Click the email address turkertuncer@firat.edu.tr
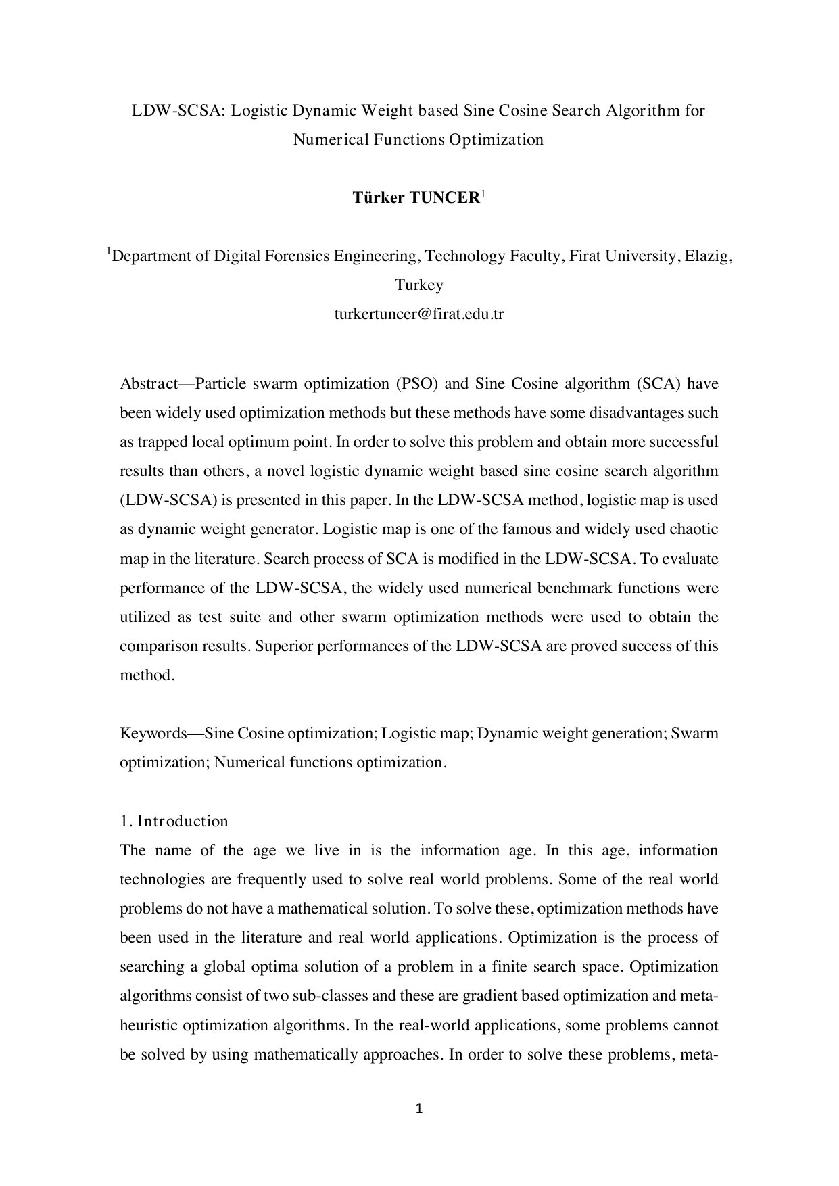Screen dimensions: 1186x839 coord(419,314)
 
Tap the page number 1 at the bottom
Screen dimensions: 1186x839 coord(419,1108)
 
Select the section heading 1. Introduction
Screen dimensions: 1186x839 coord(174,821)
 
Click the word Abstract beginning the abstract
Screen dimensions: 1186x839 coord(147,384)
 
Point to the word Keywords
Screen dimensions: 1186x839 coord(153,733)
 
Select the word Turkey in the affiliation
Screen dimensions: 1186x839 coord(419,285)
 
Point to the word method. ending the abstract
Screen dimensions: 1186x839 coord(147,675)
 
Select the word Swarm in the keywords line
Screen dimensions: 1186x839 coord(694,733)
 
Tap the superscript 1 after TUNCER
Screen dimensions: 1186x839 coord(483,194)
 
